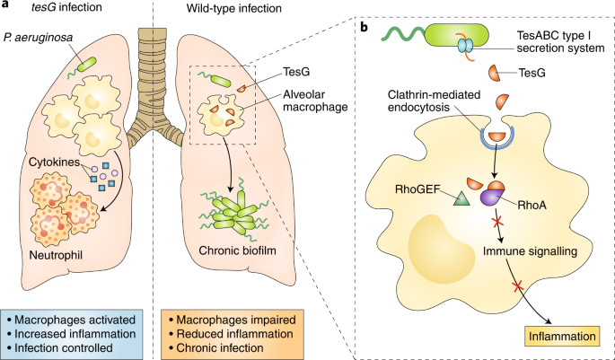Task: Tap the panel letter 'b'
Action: (364, 28)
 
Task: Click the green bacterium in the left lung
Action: (87, 63)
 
